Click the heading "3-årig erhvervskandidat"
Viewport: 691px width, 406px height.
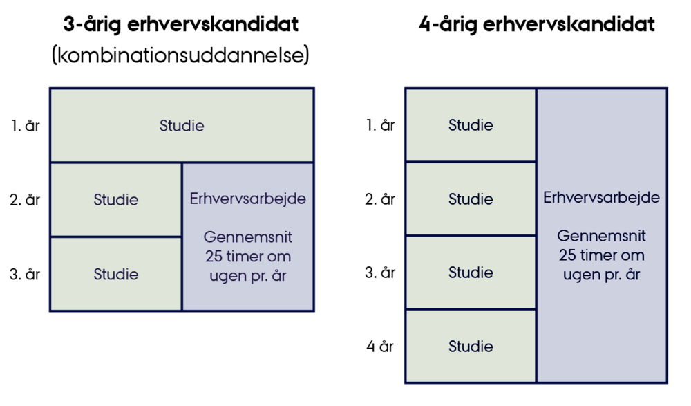180,25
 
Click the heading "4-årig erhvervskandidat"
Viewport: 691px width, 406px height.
536,25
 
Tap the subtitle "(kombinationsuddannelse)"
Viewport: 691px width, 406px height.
180,55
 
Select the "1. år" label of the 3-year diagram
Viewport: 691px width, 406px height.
25,126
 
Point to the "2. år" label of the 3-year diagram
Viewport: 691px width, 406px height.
25,199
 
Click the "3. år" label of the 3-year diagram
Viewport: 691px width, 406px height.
25,274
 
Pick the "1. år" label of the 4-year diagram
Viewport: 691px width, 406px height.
380,125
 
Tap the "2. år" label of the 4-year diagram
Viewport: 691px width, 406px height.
380,199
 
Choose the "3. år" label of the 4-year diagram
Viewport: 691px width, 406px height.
380,273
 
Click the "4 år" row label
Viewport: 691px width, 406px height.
380,347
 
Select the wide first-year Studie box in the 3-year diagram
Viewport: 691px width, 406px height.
182,125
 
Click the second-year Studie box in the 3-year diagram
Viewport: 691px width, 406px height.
116,200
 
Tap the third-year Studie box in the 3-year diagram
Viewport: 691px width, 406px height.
116,274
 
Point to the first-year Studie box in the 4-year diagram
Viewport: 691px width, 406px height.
471,125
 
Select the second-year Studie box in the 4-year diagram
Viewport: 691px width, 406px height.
471,199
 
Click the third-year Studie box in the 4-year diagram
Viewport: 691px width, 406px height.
471,273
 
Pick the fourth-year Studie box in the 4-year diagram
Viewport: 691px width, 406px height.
471,347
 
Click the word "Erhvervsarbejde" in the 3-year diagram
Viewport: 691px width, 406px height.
247,199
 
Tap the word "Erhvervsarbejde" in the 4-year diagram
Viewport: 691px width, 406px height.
602,197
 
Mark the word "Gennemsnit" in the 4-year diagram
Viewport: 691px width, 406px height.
602,236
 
